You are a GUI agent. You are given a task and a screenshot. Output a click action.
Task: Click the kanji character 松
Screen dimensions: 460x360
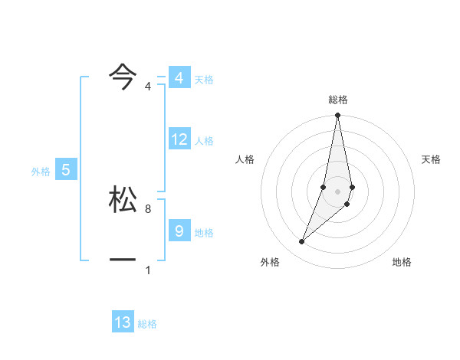[123, 198]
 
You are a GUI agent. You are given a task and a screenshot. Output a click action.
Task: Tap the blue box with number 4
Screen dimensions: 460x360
[179, 78]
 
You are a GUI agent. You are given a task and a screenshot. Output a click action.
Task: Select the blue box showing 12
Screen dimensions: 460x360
[179, 139]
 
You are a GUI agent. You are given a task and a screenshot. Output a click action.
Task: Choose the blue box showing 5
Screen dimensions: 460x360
[66, 170]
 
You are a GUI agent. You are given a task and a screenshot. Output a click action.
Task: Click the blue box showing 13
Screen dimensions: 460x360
[123, 322]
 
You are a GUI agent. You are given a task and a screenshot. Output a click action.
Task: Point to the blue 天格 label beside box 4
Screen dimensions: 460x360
[204, 80]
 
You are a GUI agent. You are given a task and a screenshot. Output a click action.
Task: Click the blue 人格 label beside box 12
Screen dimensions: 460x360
[204, 141]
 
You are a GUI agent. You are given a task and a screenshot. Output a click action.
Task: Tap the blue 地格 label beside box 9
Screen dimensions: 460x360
[204, 233]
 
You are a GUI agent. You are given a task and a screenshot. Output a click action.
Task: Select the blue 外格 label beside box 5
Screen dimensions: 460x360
[41, 172]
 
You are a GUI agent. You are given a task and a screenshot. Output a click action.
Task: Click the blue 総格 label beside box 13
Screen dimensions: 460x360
[147, 325]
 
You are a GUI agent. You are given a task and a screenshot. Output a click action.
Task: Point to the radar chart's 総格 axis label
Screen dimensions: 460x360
[338, 100]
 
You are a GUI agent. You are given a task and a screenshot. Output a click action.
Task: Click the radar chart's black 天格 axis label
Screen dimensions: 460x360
[431, 159]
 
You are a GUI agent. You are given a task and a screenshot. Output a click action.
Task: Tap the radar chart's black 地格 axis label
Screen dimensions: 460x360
[402, 263]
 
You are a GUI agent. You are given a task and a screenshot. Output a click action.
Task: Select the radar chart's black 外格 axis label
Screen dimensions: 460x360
[270, 263]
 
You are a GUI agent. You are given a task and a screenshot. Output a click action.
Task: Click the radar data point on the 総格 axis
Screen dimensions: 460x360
[337, 116]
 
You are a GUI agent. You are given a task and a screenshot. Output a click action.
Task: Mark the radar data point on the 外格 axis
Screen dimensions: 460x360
[301, 242]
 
